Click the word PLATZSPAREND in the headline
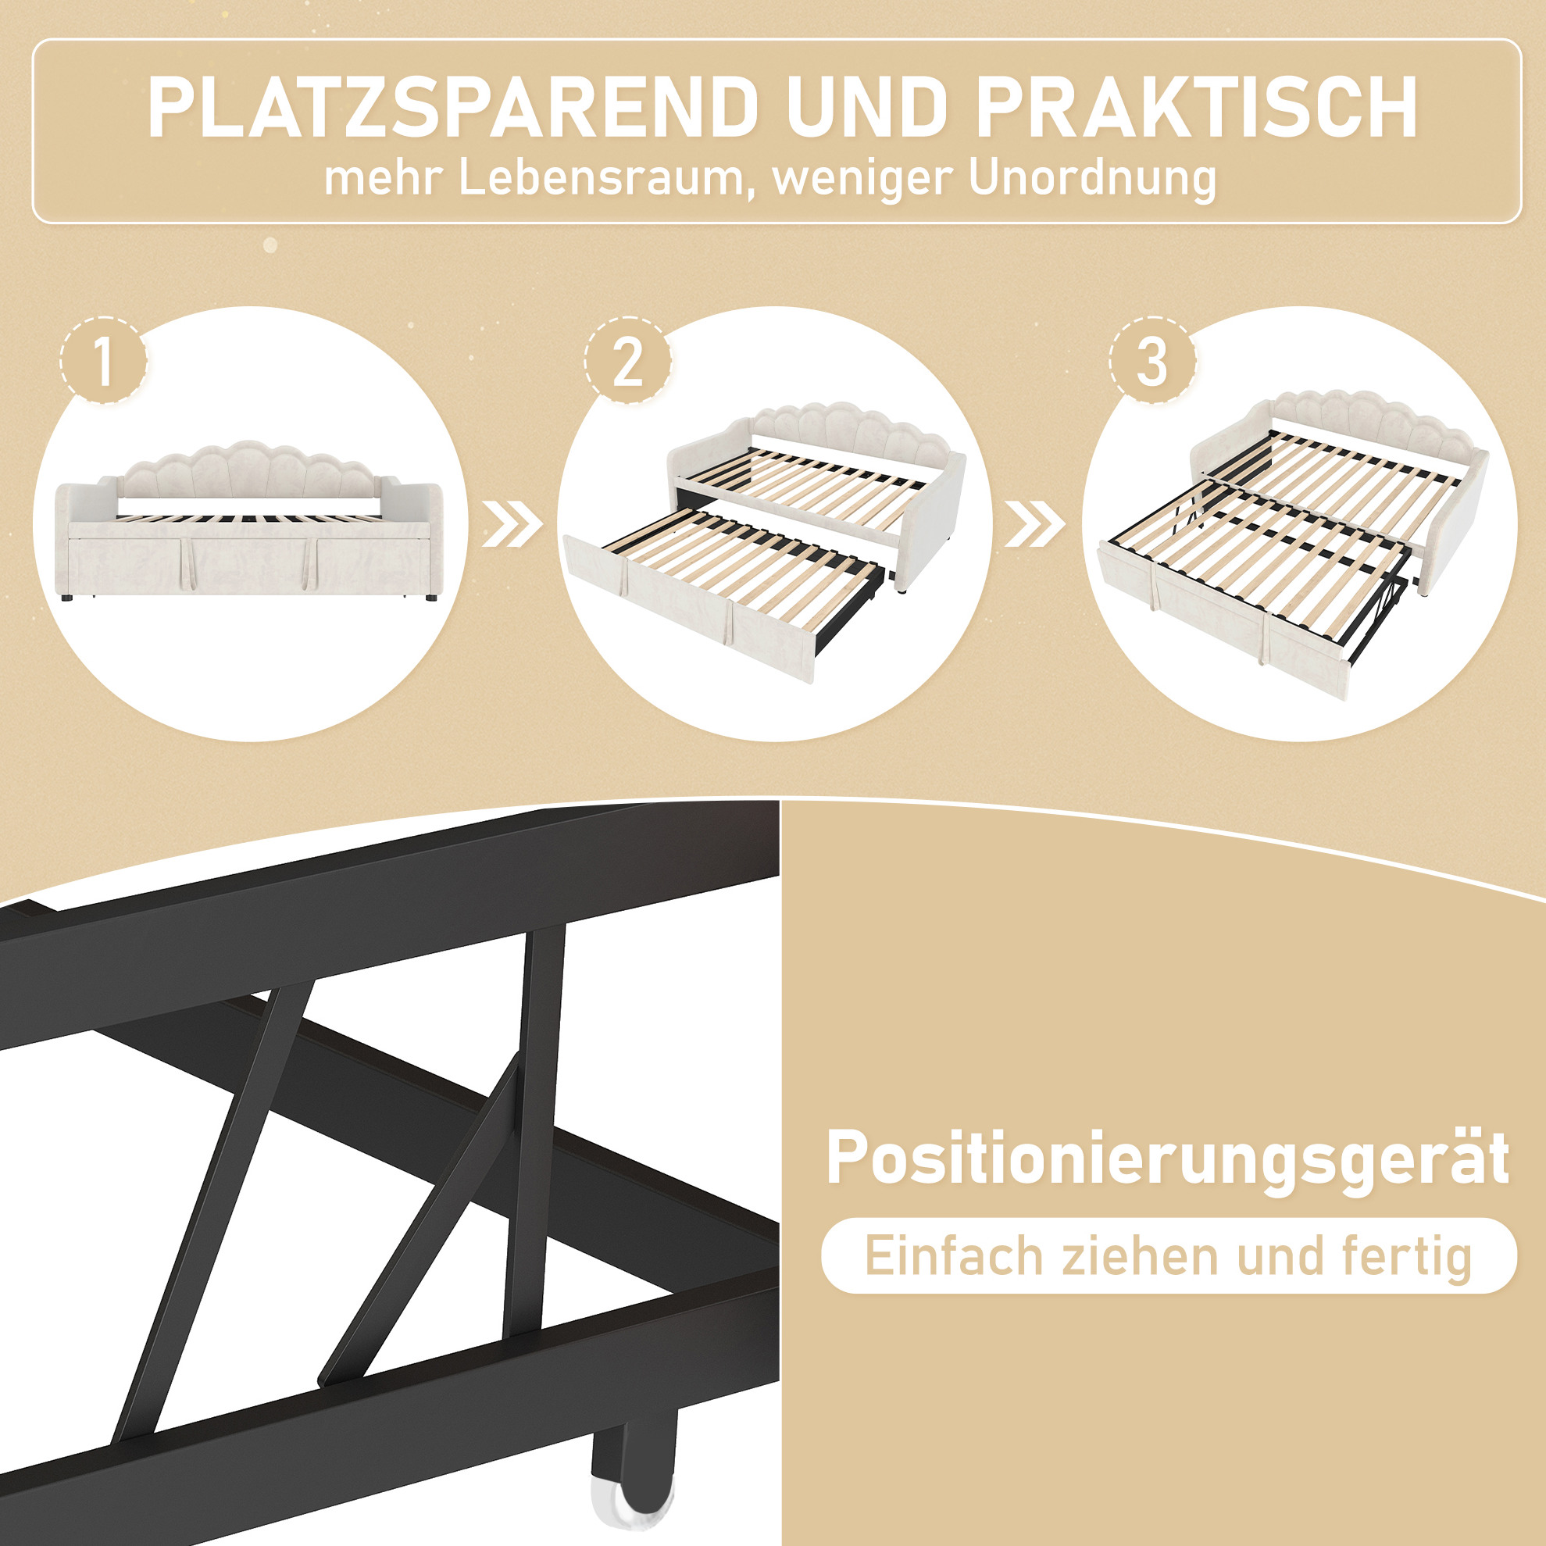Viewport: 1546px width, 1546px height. pyautogui.click(x=452, y=108)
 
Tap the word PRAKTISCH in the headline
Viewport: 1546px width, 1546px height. pyautogui.click(x=1196, y=108)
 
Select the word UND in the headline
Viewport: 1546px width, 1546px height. pyautogui.click(x=866, y=108)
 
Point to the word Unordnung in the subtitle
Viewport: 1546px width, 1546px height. pyautogui.click(x=1092, y=178)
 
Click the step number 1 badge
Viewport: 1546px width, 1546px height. pyautogui.click(x=103, y=362)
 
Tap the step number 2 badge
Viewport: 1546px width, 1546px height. pyautogui.click(x=627, y=362)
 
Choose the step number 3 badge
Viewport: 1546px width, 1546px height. pyautogui.click(x=1152, y=362)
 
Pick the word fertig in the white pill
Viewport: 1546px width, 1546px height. pyautogui.click(x=1408, y=1258)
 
